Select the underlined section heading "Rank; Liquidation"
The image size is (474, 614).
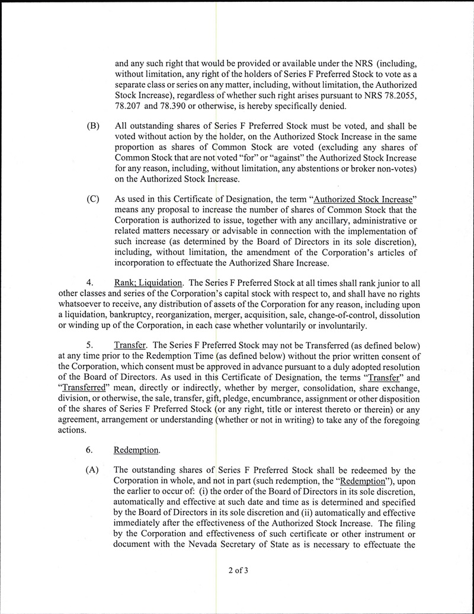(x=142, y=282)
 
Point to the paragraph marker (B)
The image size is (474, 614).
(x=92, y=126)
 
